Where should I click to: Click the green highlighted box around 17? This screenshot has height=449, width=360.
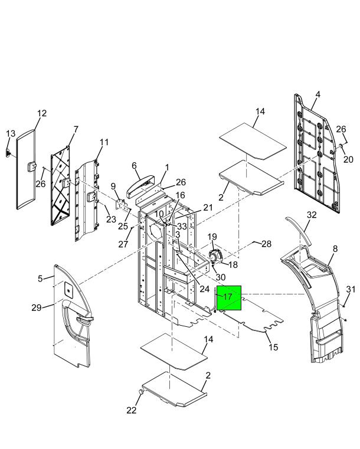point(229,298)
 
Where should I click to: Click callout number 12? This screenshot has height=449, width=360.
point(42,113)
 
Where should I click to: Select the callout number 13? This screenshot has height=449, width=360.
point(11,133)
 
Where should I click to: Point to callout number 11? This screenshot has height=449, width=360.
point(104,142)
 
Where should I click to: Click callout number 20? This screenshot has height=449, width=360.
point(348,159)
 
